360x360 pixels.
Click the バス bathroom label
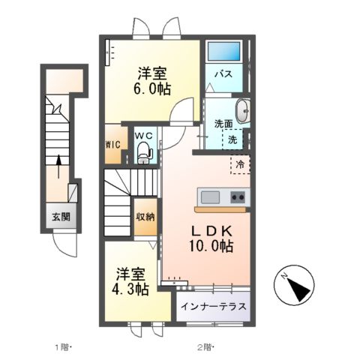(223, 74)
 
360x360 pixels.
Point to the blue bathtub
(223, 52)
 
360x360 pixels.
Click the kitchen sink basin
(209, 197)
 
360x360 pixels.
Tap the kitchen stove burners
(237, 197)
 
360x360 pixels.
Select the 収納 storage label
(145, 217)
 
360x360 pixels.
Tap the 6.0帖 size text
(151, 88)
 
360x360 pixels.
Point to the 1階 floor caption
(61, 347)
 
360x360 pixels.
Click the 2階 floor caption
(205, 347)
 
